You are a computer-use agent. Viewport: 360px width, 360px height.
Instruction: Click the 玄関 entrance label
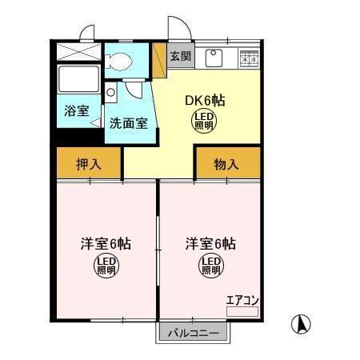point(181,56)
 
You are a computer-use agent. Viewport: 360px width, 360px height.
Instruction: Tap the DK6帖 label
point(205,101)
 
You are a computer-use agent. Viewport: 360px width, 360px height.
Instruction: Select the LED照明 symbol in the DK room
point(205,121)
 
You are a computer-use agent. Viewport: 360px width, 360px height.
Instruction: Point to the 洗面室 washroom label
point(128,124)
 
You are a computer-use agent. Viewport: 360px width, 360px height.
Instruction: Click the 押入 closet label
point(89,165)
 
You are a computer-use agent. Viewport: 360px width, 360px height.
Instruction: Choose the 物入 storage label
point(226,165)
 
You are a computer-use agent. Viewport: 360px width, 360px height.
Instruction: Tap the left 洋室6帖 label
point(105,243)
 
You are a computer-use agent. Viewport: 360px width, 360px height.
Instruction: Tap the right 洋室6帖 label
point(210,243)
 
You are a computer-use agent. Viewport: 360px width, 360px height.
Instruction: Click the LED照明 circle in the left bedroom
point(106,265)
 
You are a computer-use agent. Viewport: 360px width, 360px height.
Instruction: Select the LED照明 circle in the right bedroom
point(210,265)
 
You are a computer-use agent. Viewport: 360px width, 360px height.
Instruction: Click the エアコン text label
point(242,301)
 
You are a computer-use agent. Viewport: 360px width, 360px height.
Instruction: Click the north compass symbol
point(302,325)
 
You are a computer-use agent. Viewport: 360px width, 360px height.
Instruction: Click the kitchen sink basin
point(214,57)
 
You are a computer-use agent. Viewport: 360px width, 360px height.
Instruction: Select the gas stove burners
point(249,57)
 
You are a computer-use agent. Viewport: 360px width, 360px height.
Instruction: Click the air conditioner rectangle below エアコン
point(242,311)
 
